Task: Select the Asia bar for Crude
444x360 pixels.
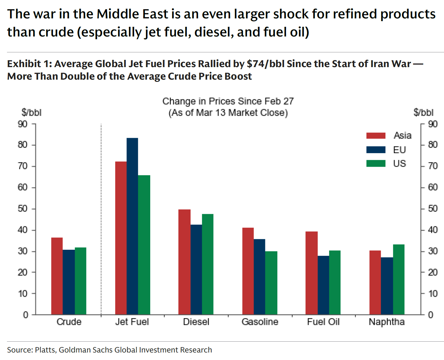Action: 57,276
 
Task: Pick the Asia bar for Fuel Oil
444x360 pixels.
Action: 311,273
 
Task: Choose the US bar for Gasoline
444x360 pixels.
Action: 271,283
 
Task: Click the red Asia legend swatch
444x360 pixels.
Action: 376,136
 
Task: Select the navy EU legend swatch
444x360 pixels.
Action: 376,150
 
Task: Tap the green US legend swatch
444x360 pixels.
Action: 376,163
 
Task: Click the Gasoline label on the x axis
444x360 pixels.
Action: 260,322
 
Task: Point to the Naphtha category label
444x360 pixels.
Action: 387,322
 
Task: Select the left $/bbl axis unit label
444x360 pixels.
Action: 31,112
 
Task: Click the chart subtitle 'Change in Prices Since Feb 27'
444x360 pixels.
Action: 228,101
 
